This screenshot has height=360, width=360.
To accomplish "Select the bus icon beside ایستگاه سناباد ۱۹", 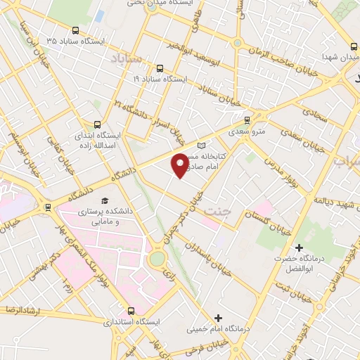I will pos(160,69).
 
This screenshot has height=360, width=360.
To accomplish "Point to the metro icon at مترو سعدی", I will pos(246,120).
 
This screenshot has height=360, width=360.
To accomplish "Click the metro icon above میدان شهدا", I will pos(353,46).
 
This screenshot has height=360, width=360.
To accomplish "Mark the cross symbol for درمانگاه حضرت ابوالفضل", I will pos(300,247).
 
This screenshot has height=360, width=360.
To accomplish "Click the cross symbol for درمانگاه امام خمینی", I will pos(218,319).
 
